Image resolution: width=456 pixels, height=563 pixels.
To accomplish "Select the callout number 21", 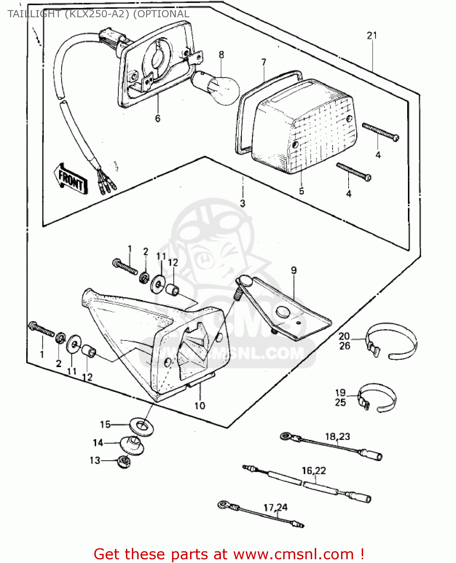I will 371,35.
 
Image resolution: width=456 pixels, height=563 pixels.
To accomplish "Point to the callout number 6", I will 157,118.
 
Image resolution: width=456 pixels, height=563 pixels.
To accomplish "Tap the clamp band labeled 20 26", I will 393,340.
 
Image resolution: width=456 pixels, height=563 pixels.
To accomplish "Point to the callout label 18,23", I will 337,437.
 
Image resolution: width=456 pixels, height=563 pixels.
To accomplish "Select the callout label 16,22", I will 314,470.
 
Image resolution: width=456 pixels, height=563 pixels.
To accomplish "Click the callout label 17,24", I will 275,507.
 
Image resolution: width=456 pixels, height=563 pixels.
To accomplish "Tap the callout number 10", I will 199,405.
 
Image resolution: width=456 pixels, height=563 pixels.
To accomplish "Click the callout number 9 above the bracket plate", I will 293,270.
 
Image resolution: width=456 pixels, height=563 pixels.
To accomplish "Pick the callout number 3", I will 242,203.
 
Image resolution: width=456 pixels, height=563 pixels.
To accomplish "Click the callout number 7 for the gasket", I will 264,62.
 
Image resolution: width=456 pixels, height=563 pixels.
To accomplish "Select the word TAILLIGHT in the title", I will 34,14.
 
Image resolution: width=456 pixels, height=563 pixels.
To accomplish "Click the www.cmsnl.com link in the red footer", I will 293,554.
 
